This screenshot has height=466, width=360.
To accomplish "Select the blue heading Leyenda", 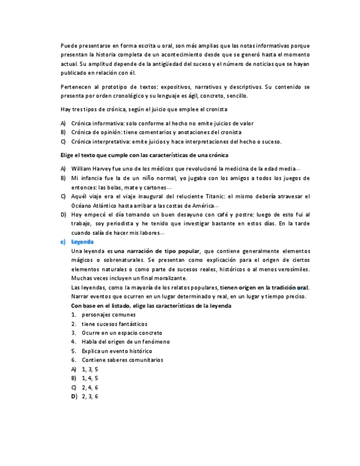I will pyautogui.click(x=82, y=242).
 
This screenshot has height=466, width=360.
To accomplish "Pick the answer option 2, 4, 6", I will pyautogui.click(x=90, y=387).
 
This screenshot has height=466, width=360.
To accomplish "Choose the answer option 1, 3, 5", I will pyautogui.click(x=90, y=369).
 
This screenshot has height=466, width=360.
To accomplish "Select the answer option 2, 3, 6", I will pyautogui.click(x=90, y=396).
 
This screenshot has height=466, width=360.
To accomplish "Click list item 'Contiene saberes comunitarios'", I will pyautogui.click(x=122, y=360).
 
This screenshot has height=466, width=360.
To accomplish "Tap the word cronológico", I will pyautogui.click(x=150, y=96).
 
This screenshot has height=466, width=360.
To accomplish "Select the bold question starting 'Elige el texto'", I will pyautogui.click(x=144, y=156).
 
